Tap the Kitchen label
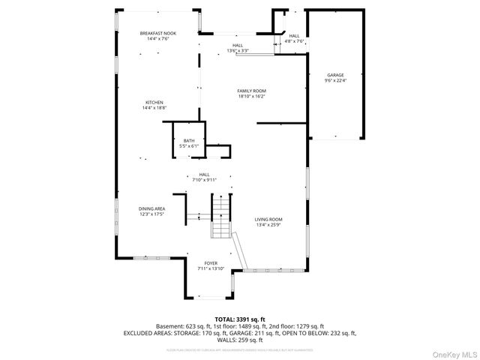[154, 103]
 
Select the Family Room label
[252, 91]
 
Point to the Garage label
[335, 75]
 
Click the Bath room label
[189, 141]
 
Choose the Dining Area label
[151, 208]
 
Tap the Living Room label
[269, 219]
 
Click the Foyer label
[211, 263]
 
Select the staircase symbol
[221, 216]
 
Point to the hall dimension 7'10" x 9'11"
[204, 180]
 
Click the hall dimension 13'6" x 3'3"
[237, 51]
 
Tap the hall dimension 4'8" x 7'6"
[294, 42]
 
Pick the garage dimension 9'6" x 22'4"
[335, 81]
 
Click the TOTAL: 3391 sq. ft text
[240, 319]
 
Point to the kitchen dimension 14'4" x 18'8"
[154, 108]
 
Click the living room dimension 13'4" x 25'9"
[269, 224]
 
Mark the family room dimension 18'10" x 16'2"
[252, 97]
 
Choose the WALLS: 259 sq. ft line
[240, 339]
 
